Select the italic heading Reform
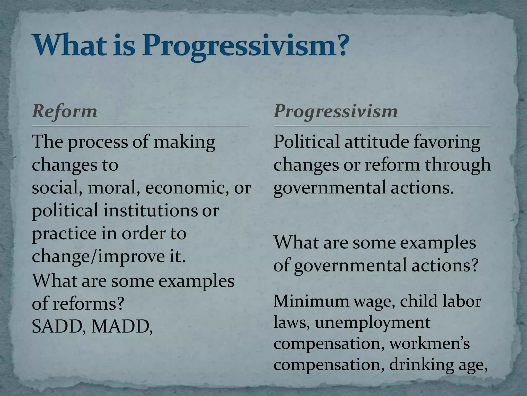click(65, 111)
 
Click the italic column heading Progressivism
click(336, 111)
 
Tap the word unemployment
click(373, 322)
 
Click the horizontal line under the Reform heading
click(140, 126)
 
